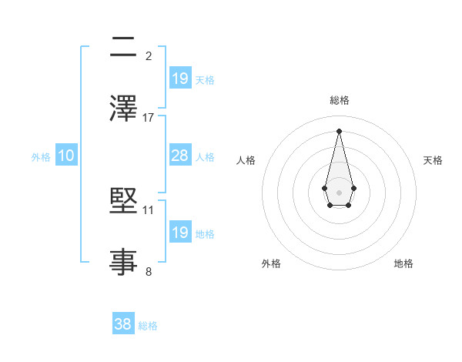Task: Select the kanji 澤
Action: tap(124, 109)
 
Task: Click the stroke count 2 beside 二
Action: tap(149, 55)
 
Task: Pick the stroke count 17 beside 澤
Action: tap(149, 118)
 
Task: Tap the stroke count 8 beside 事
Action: tap(149, 271)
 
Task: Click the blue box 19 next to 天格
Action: tap(180, 79)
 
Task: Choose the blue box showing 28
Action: tap(180, 156)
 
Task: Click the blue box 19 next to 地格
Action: tap(180, 233)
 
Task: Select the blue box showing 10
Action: tap(66, 156)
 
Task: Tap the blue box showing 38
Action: tap(123, 325)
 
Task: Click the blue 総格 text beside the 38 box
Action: tap(148, 326)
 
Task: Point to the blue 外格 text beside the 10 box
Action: tap(41, 157)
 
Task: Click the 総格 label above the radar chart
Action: tap(339, 100)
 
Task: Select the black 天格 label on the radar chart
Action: tap(434, 160)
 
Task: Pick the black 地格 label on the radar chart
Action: tap(403, 264)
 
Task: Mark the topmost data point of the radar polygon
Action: tap(339, 131)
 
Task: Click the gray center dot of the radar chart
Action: tap(339, 191)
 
